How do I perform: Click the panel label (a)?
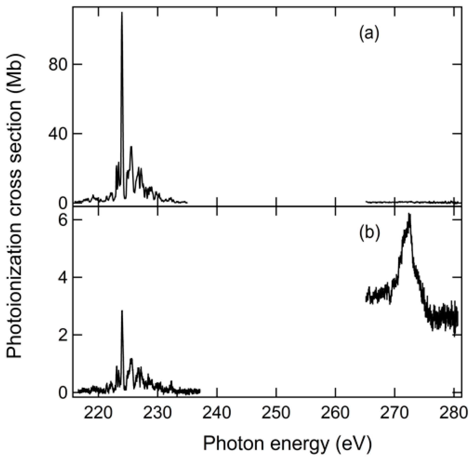click(x=369, y=34)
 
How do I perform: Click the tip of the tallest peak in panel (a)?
click(x=122, y=12)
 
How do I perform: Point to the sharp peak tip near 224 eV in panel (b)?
click(x=122, y=311)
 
